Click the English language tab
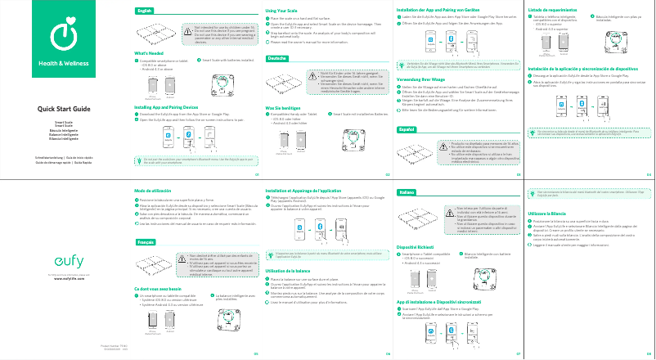point(145,11)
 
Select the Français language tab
point(146,220)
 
